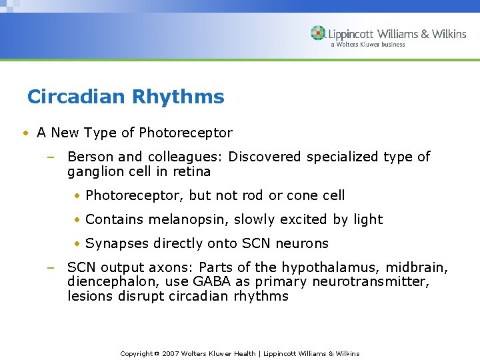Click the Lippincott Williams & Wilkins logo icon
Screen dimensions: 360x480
319,33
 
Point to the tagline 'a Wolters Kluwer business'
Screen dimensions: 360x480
367,45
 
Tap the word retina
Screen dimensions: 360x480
192,171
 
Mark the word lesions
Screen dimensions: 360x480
89,296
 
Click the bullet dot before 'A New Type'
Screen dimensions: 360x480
25,133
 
